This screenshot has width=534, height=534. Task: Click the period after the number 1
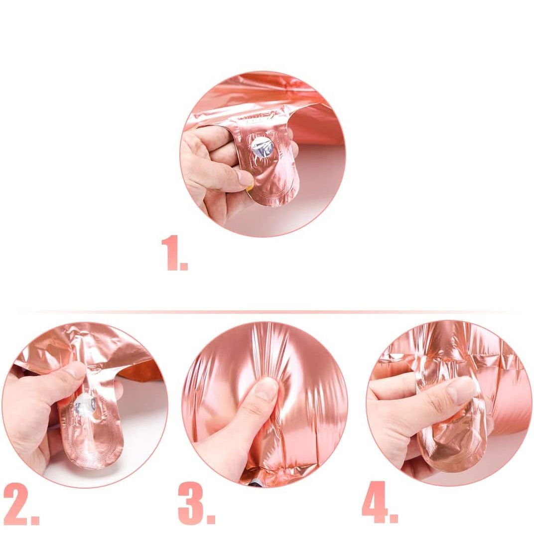pos(184,266)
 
